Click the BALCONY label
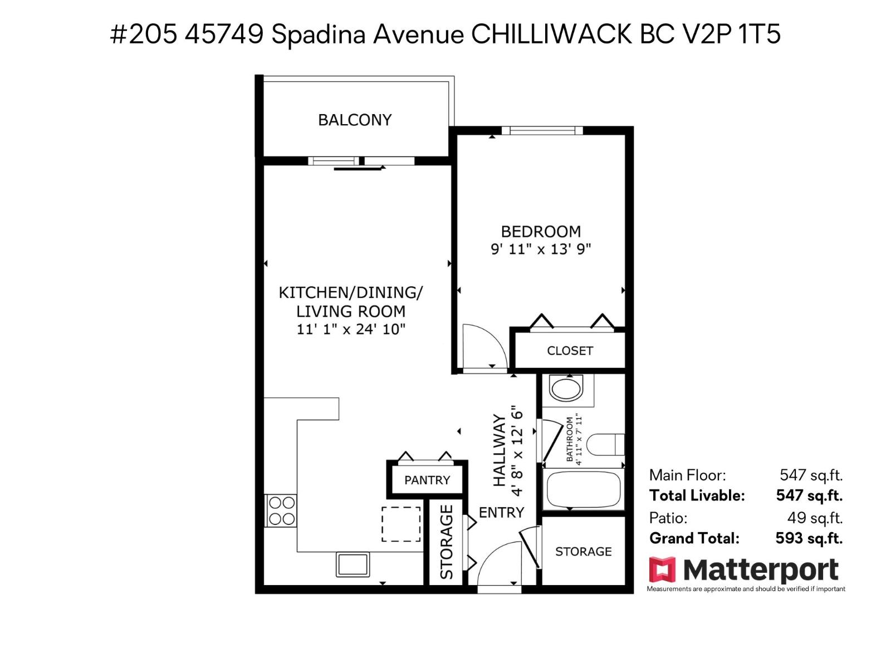point(355,120)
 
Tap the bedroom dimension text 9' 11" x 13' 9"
point(540,249)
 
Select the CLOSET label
point(570,351)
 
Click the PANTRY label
point(427,480)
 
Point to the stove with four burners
point(281,511)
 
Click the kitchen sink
point(353,564)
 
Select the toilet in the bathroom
point(605,445)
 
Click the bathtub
point(583,489)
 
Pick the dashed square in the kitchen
point(401,524)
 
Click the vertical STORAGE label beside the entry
point(447,542)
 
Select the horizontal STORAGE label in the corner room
point(583,551)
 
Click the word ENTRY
point(501,512)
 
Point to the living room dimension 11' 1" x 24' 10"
point(350,329)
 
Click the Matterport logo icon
point(662,570)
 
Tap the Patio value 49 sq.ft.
point(814,518)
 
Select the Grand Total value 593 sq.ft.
point(809,538)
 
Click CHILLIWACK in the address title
point(551,35)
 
